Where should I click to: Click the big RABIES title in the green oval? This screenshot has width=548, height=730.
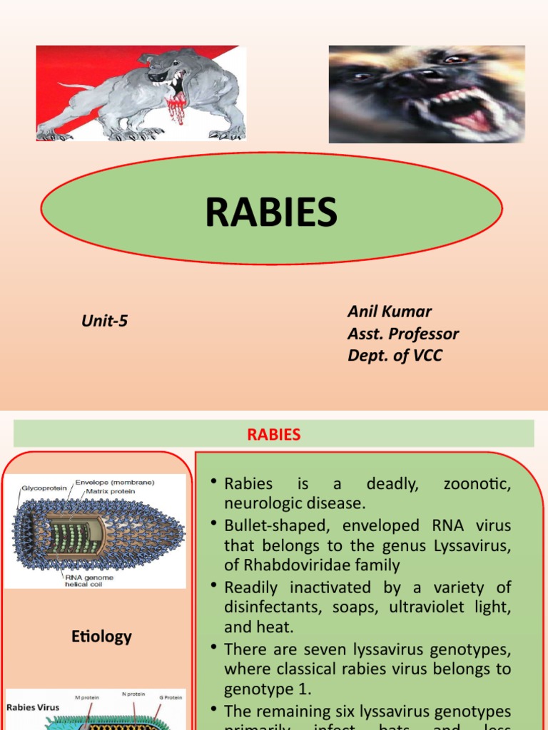tap(271, 212)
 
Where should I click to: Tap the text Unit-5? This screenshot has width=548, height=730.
tap(104, 321)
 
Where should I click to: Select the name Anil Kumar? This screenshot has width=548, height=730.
tap(390, 311)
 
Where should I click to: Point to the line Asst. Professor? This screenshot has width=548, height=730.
tap(403, 333)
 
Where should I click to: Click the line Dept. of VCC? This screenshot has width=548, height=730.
tap(395, 355)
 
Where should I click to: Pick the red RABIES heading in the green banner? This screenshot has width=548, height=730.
tap(274, 434)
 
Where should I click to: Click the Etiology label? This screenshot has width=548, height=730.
tap(101, 636)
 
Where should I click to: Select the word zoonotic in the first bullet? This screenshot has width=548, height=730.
tap(477, 483)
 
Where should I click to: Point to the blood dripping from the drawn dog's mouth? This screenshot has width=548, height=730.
tap(174, 107)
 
